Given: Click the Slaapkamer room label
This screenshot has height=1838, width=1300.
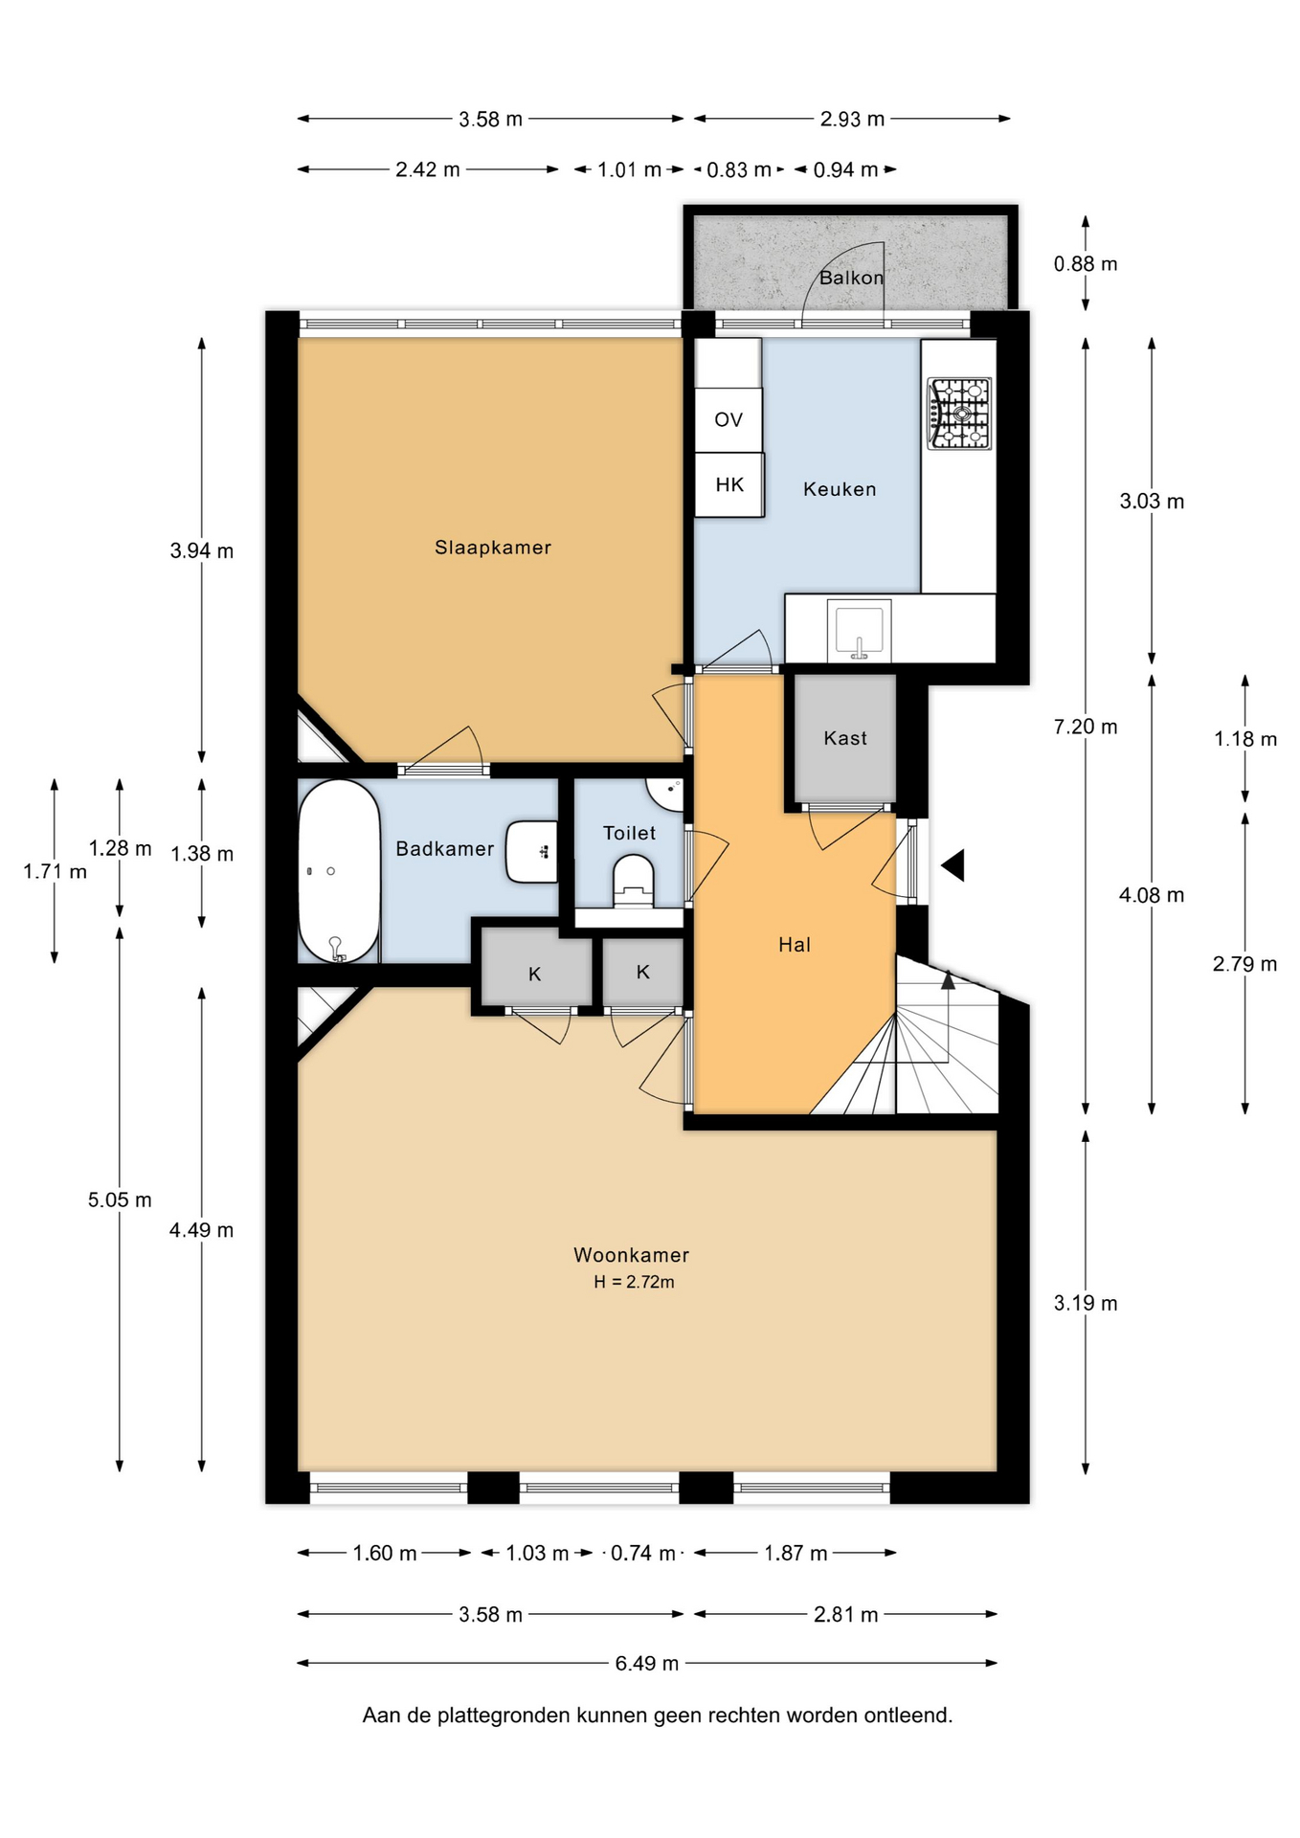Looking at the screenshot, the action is tap(493, 548).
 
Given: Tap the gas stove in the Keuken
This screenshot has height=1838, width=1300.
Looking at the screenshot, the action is tap(959, 415).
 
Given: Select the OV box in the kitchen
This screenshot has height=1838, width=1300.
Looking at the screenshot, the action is tap(728, 419).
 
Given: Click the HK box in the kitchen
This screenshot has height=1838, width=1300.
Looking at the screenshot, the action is tap(729, 484).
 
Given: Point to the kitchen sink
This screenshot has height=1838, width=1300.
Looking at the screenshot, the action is tap(860, 630).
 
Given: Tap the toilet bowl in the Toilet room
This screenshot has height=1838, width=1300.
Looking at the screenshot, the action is tap(632, 881).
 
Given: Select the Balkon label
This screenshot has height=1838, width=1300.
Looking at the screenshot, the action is tap(851, 278).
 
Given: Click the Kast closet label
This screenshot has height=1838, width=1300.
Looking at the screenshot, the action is tap(845, 738).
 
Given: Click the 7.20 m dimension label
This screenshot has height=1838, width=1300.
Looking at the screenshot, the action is tap(1086, 727).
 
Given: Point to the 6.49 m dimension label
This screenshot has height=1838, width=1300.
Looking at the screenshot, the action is tap(647, 1664).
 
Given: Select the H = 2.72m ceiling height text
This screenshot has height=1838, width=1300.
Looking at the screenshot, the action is tap(634, 1282).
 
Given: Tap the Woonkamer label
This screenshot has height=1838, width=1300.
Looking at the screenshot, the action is tap(632, 1255).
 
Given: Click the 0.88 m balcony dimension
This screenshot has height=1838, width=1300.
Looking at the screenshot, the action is tap(1086, 263).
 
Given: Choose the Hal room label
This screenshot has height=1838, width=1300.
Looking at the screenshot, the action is tap(795, 945).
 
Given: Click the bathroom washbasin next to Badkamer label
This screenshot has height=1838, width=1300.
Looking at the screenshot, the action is tap(532, 851).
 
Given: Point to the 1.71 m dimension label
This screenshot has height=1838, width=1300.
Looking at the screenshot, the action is tap(55, 871).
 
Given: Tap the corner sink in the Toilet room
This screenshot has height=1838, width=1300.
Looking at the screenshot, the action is tap(667, 794).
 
